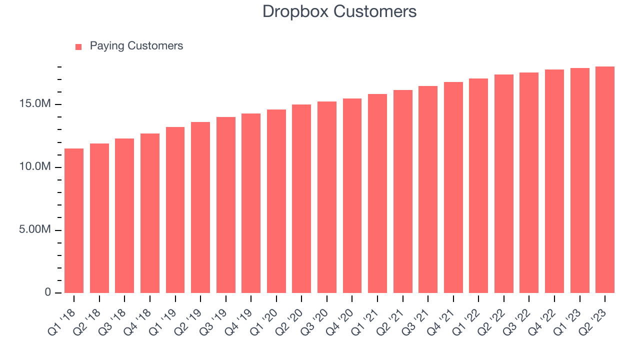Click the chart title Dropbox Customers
point(339,11)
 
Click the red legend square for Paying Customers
point(78,46)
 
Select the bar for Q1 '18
point(74,220)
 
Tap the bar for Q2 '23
point(605,179)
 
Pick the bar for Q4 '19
point(251,203)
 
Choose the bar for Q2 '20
point(301,198)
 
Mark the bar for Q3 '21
point(428,189)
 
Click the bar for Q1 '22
point(478,185)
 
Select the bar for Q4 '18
point(150,213)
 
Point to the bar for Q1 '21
point(377,193)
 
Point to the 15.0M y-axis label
point(36,104)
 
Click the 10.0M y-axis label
point(36,167)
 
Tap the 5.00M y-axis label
point(36,230)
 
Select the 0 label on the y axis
point(48,292)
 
